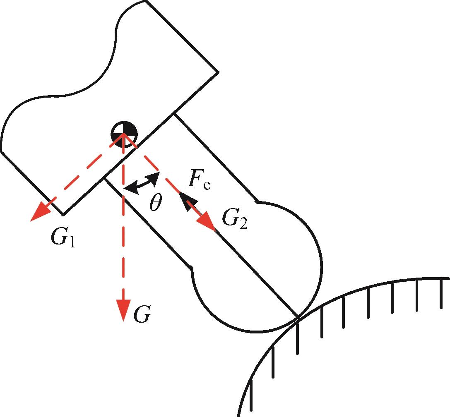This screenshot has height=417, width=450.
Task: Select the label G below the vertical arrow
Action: coord(142,315)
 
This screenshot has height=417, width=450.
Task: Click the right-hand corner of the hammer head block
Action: coord(218,72)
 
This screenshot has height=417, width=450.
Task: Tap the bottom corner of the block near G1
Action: coord(63,215)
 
